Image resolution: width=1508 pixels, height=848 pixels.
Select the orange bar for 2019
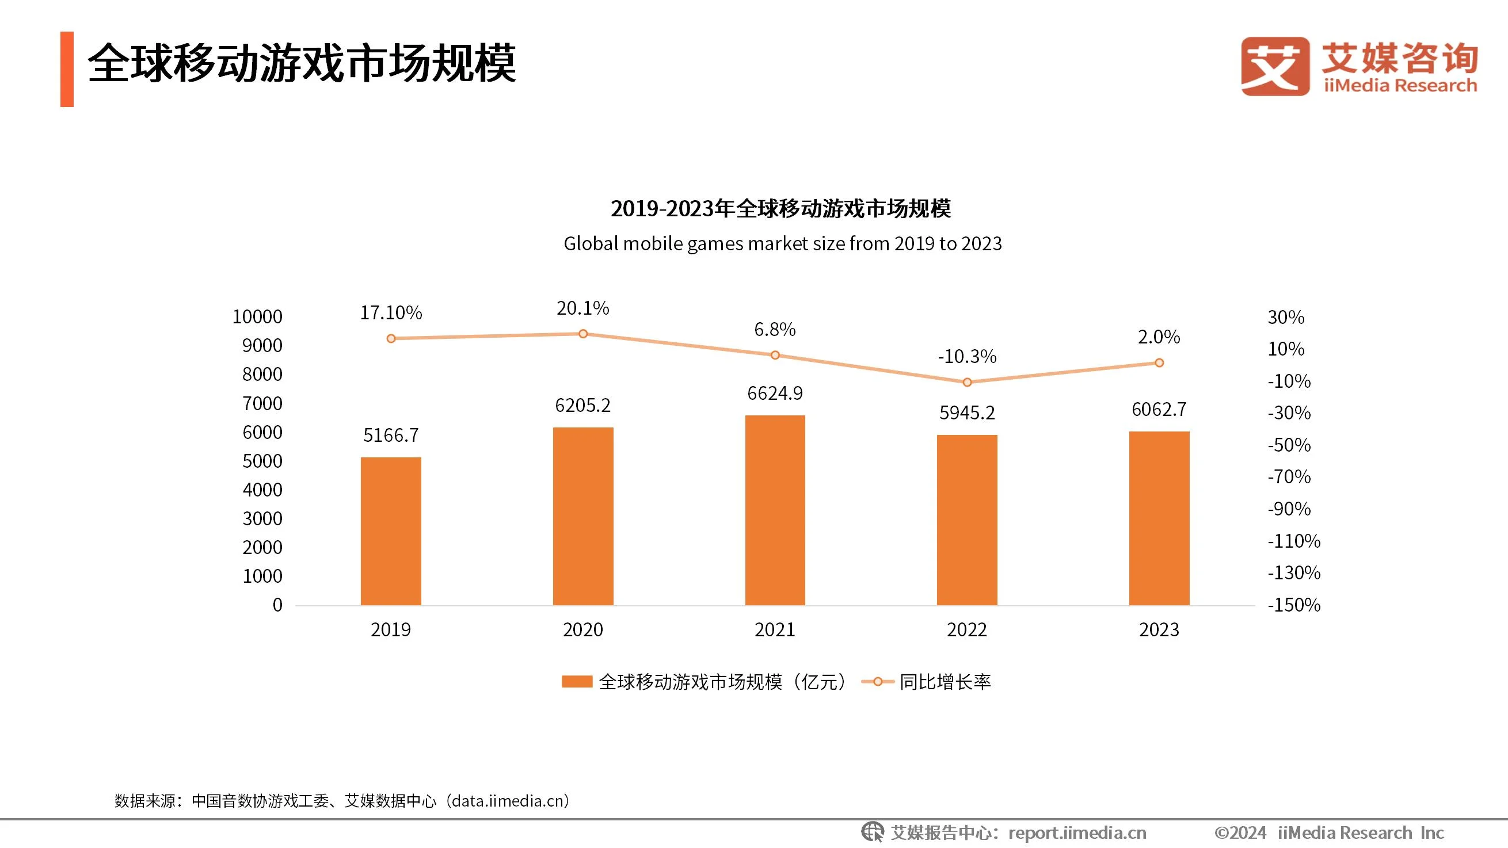coord(390,531)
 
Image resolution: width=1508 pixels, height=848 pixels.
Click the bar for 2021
coord(775,510)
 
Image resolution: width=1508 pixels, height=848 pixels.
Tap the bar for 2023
coord(1159,518)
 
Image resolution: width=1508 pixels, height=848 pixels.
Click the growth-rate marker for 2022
coord(966,382)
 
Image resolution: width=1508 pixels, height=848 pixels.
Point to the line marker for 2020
coord(583,334)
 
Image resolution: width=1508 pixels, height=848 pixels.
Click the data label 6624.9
coord(775,394)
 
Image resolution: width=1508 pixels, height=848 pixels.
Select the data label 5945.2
coord(966,413)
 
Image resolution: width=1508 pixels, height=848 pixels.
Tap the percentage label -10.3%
coord(966,357)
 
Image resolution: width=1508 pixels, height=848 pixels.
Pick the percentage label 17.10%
coord(390,312)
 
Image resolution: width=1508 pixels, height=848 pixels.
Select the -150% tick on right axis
coord(1294,605)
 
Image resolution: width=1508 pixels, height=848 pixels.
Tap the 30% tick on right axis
coord(1286,317)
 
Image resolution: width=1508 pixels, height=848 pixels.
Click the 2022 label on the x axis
coord(966,630)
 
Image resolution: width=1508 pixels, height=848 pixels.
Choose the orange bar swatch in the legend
coord(577,682)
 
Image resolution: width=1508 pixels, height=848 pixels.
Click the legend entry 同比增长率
coord(945,682)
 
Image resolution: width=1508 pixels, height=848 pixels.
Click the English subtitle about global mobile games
coord(782,243)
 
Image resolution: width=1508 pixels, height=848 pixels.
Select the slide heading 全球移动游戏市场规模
coord(302,63)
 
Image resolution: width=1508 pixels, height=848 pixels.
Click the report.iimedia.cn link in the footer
coord(1077,832)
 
